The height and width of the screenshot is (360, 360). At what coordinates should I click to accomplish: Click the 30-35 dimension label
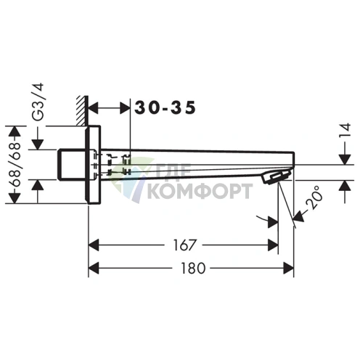coord(165,107)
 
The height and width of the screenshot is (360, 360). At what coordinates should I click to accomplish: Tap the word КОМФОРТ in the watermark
coord(199,192)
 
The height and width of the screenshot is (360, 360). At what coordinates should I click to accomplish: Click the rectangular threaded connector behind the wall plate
coord(72,165)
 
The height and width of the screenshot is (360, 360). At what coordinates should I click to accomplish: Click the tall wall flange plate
coord(93,165)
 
